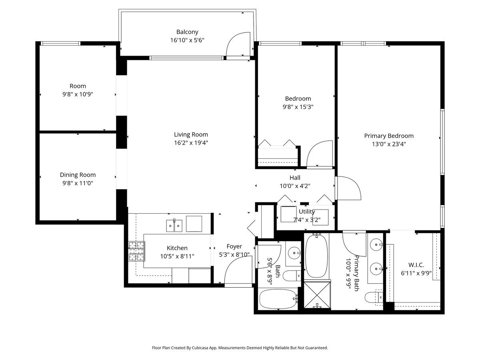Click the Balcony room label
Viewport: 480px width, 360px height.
point(187,32)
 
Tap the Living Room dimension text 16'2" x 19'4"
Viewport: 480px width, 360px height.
point(191,143)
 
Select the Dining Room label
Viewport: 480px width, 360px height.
point(78,175)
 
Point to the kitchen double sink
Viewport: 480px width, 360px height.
point(174,226)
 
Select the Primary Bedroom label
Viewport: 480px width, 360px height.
point(388,136)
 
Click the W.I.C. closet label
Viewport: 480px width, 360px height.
point(416,265)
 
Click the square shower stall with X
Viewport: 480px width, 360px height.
point(317,295)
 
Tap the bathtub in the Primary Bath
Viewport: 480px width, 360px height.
point(316,256)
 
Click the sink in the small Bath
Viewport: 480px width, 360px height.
point(294,253)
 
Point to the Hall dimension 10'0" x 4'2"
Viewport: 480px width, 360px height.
point(295,186)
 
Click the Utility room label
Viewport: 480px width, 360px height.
point(307,212)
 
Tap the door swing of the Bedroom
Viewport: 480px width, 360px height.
point(319,154)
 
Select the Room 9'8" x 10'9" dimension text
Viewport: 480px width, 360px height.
point(78,94)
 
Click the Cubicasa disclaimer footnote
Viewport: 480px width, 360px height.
point(240,348)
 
